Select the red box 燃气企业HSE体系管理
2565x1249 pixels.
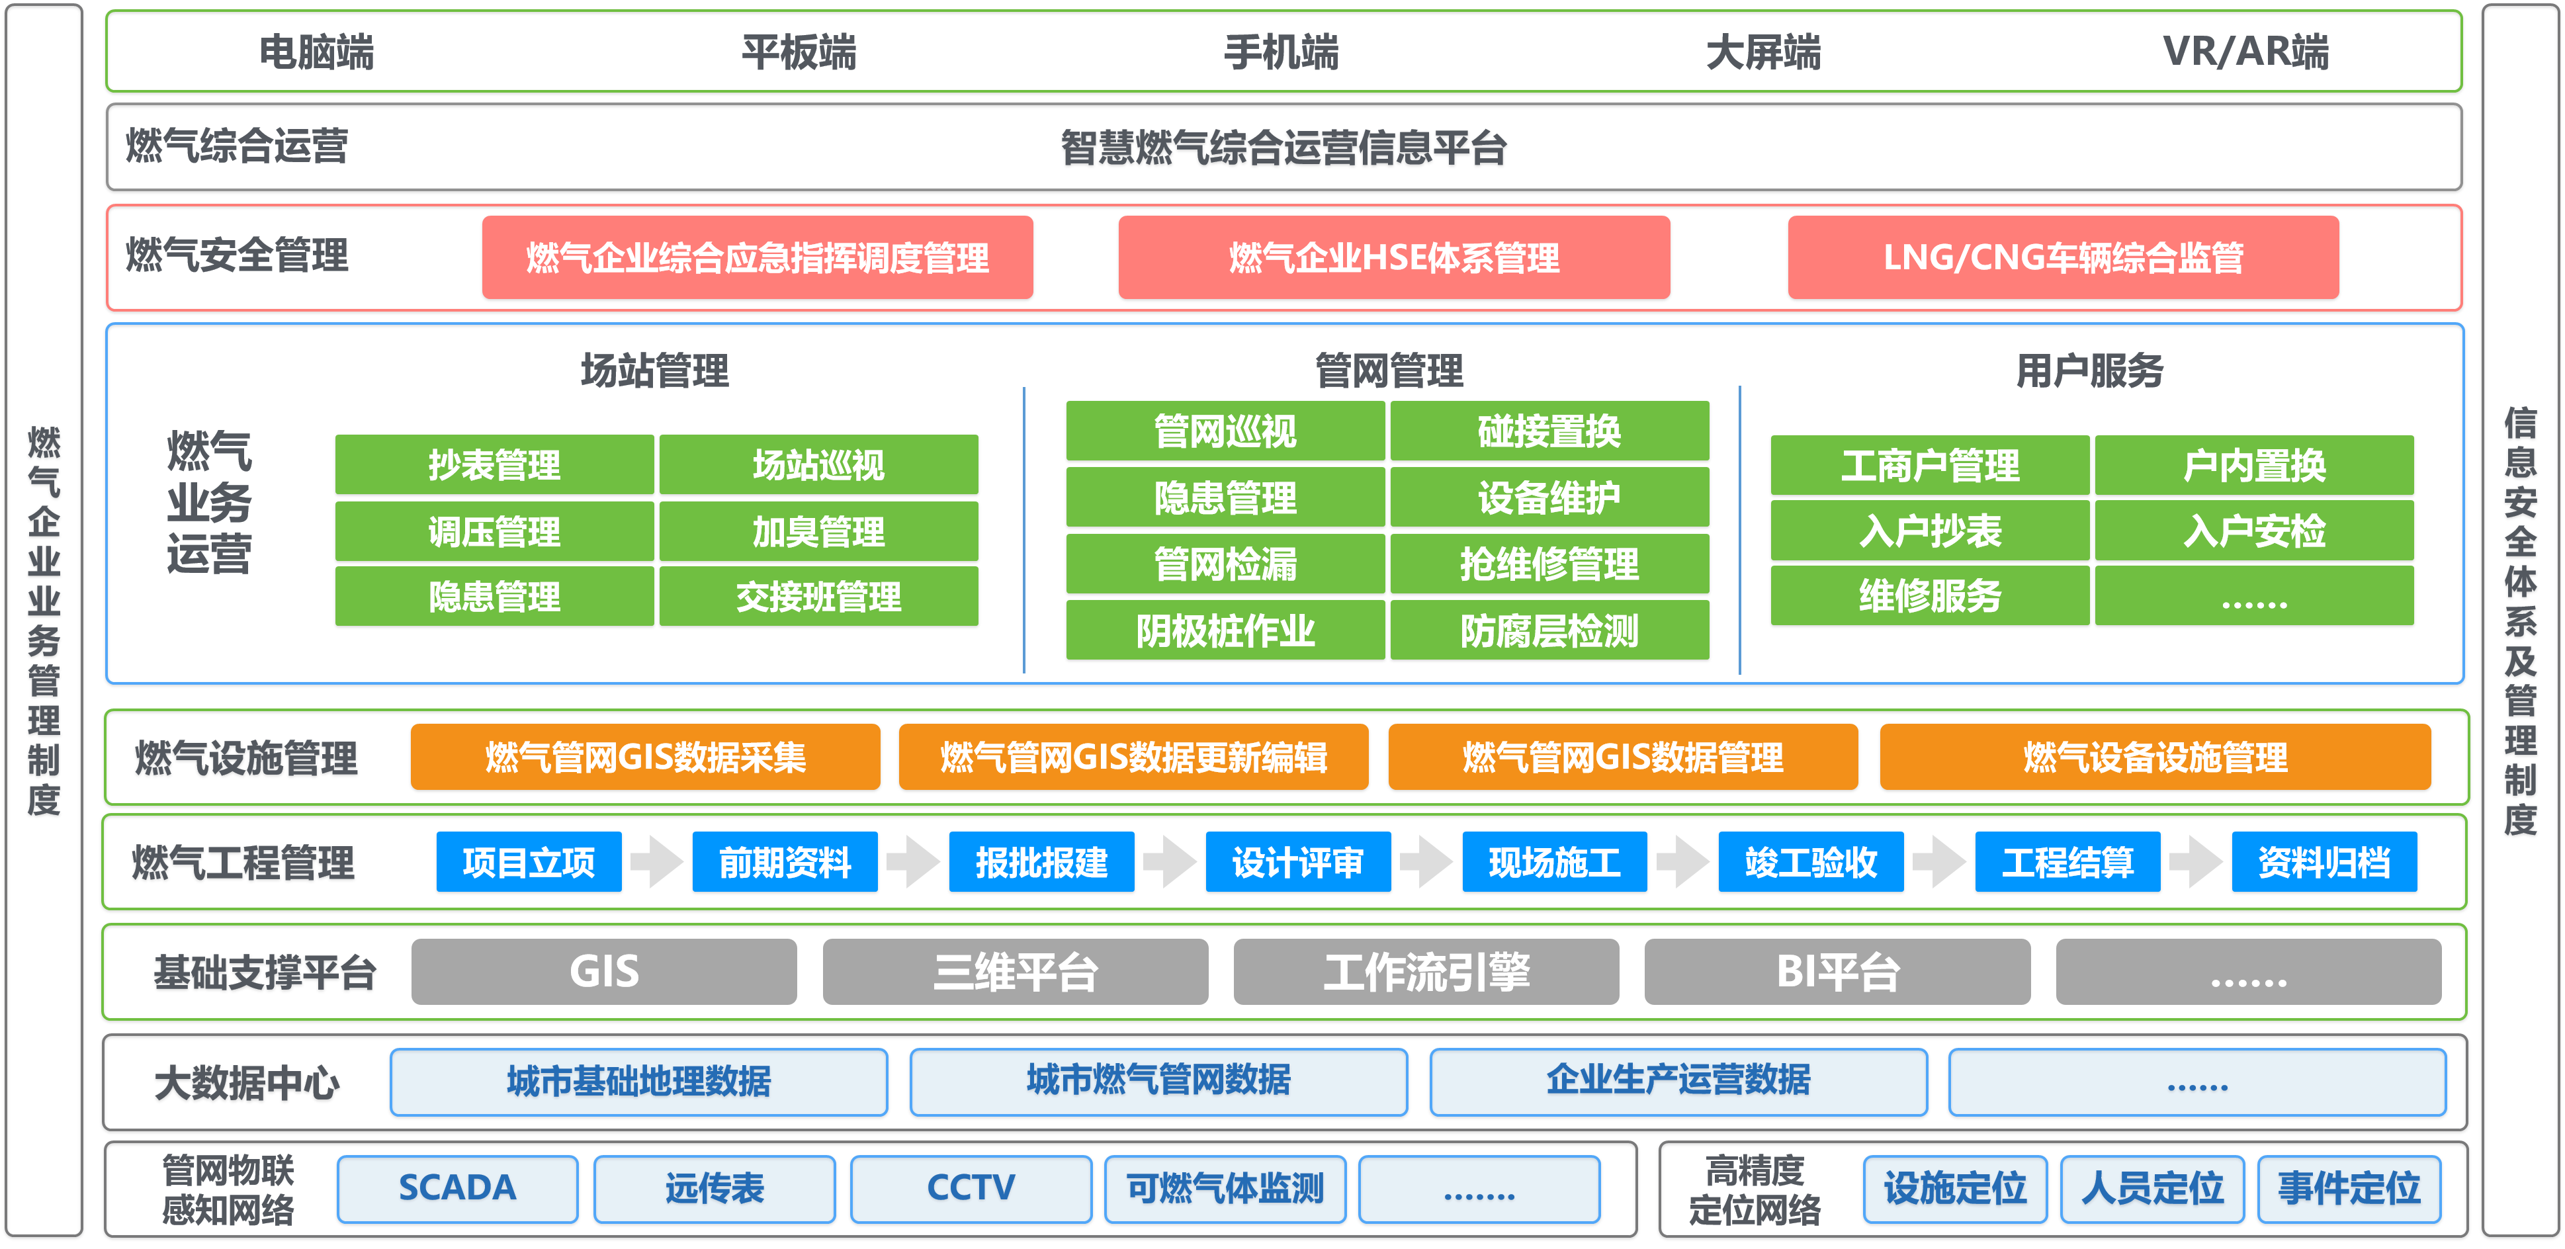click(1393, 258)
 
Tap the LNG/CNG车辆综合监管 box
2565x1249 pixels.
click(2062, 258)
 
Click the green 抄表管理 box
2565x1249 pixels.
click(494, 465)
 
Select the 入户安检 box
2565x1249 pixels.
click(2253, 531)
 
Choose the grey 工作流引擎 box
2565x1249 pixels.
click(1426, 972)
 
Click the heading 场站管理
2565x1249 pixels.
click(654, 370)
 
